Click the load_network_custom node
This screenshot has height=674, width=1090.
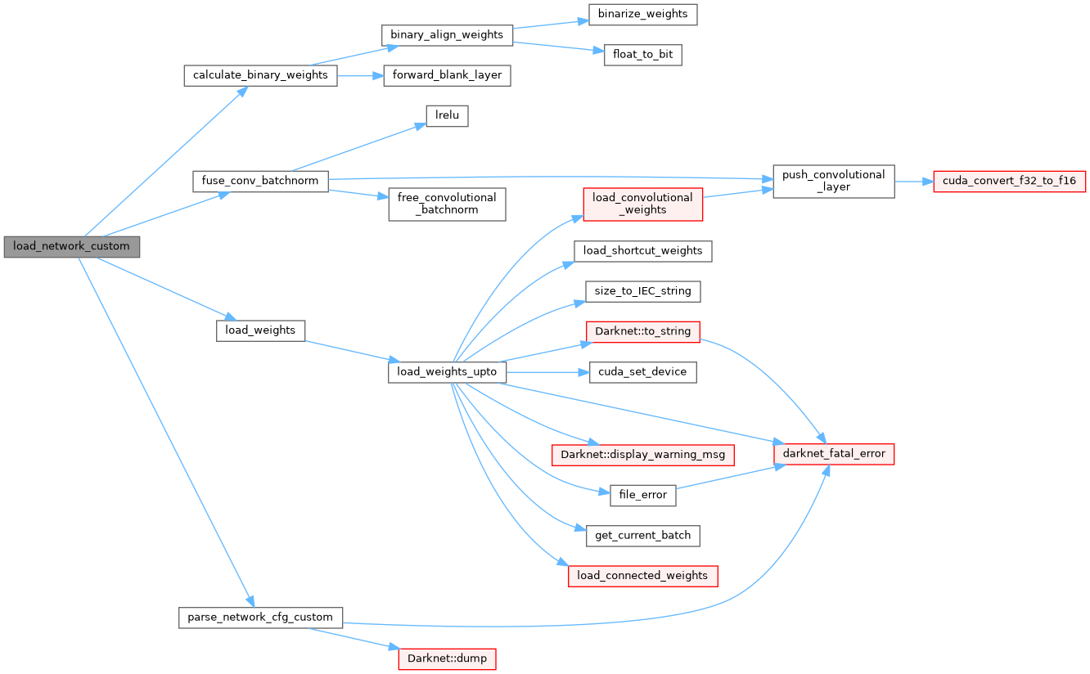point(71,246)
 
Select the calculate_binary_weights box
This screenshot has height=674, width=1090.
point(260,75)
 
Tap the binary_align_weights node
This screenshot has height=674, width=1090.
point(447,34)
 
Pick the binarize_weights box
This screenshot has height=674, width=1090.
point(642,14)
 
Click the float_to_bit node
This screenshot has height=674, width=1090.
point(642,55)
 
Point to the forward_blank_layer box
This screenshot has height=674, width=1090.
point(447,75)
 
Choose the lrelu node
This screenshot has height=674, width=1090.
point(447,116)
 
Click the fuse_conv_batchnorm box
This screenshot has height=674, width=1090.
point(260,181)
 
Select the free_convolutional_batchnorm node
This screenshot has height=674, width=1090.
point(447,204)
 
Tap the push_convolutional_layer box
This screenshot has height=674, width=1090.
point(834,181)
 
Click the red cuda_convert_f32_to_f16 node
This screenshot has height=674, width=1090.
point(1009,181)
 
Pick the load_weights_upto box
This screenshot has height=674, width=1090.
point(447,372)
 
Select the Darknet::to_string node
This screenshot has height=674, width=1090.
point(642,331)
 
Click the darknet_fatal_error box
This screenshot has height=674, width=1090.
point(834,453)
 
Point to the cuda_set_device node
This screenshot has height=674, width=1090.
point(642,372)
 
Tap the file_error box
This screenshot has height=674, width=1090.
point(642,495)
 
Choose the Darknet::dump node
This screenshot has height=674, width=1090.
point(447,658)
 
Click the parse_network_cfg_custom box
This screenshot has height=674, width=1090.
point(260,617)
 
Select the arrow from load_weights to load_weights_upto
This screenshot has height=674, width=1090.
point(347,351)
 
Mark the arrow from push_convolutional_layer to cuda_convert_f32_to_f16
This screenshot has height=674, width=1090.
point(914,181)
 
